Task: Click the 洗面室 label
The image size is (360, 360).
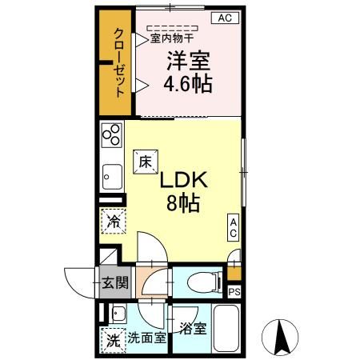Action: (x=146, y=338)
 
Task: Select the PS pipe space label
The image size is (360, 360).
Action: (x=234, y=292)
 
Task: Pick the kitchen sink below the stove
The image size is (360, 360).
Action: (x=111, y=174)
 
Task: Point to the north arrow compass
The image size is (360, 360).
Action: (x=282, y=337)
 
